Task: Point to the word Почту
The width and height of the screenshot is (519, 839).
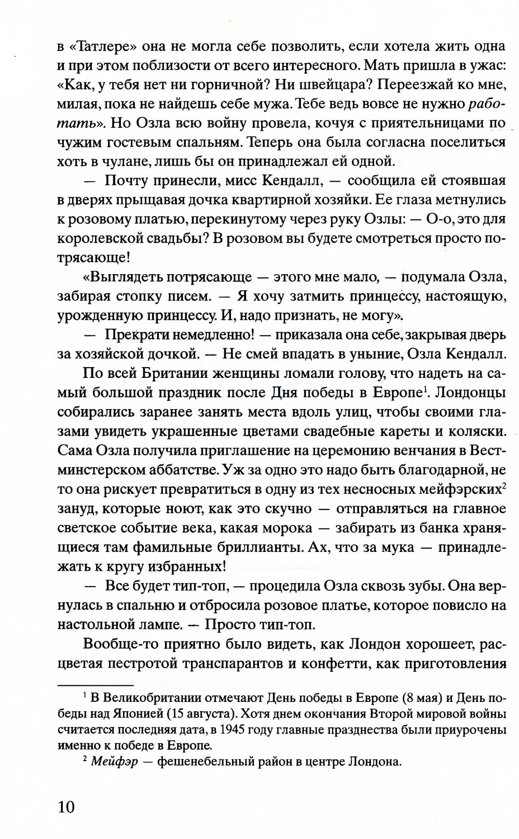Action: point(130,181)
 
